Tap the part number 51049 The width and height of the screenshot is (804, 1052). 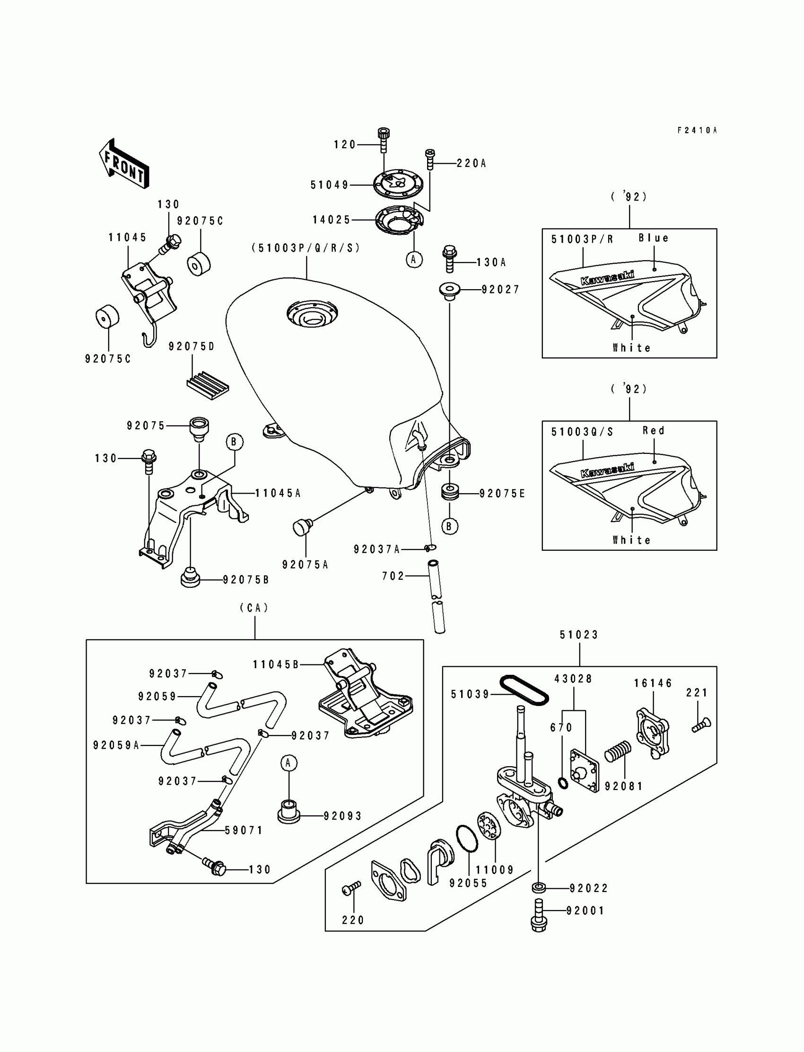[330, 186]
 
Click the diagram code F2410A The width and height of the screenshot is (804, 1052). [697, 130]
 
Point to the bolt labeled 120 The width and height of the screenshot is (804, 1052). [384, 140]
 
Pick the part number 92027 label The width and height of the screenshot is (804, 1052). [500, 290]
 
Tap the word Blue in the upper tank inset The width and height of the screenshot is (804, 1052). [654, 238]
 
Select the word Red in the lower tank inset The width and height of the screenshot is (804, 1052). [654, 431]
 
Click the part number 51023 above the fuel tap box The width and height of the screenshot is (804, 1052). [579, 635]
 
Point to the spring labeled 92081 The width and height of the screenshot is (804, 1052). [618, 751]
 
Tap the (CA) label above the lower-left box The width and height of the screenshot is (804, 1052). [254, 608]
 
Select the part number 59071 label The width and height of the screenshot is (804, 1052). [244, 831]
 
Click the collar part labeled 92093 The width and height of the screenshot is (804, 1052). [289, 811]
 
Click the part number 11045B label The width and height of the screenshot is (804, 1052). [276, 664]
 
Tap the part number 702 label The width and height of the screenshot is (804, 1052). [393, 576]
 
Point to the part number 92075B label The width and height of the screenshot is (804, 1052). [246, 580]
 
